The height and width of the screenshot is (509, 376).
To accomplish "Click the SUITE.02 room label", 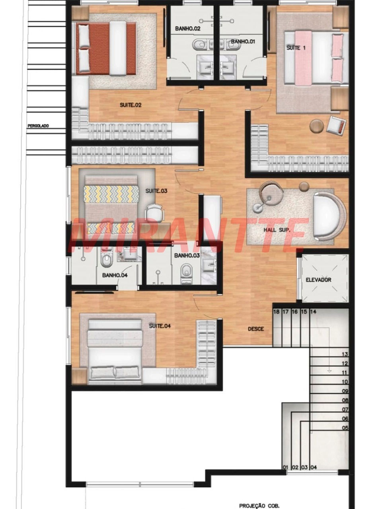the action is click(131, 105).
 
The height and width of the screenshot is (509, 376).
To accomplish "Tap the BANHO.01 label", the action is click(243, 42).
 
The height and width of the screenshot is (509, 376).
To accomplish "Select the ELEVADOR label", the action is click(318, 280).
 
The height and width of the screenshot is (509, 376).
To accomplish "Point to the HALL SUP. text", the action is click(277, 230).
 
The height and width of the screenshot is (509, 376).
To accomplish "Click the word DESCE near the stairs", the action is click(256, 329).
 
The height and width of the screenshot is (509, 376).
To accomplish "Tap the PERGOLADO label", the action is click(38, 126).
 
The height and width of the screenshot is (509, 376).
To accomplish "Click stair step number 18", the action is click(277, 312).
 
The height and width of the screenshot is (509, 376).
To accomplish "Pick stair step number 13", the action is click(345, 354).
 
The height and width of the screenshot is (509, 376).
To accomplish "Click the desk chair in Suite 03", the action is click(155, 212).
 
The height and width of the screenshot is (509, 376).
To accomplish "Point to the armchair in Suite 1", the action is click(336, 125).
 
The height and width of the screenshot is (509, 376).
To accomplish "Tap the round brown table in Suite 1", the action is click(317, 126).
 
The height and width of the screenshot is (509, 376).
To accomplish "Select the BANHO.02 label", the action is click(188, 29).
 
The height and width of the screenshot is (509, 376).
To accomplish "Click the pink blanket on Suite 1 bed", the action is click(303, 58).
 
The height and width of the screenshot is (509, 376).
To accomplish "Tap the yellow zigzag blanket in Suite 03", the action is click(111, 194).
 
